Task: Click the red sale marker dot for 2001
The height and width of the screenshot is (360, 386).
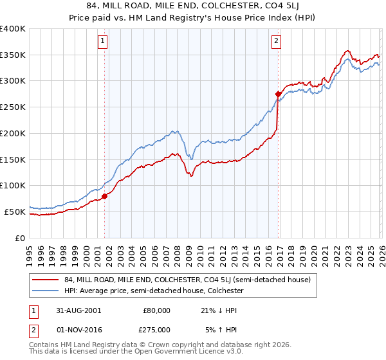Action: coord(104,196)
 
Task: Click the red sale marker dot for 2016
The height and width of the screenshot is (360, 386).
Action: coord(277,94)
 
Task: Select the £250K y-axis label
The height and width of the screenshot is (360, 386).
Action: coord(13,107)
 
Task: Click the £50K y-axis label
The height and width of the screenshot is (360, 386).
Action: coord(15,212)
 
